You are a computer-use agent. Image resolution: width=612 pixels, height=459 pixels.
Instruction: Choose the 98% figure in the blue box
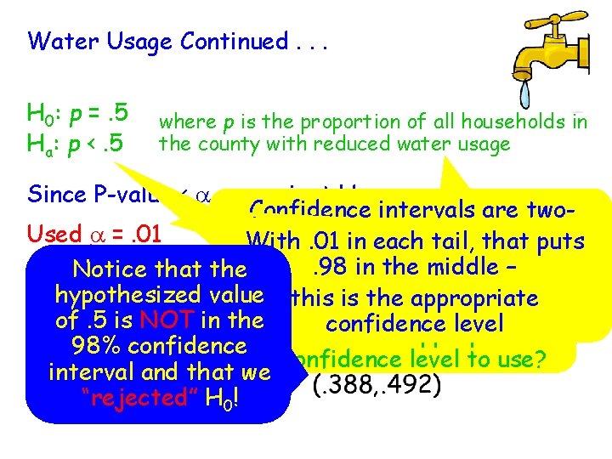97,346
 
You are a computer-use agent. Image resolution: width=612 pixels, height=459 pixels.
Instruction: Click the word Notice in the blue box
109,269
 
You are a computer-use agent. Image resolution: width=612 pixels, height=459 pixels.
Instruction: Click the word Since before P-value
55,194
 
